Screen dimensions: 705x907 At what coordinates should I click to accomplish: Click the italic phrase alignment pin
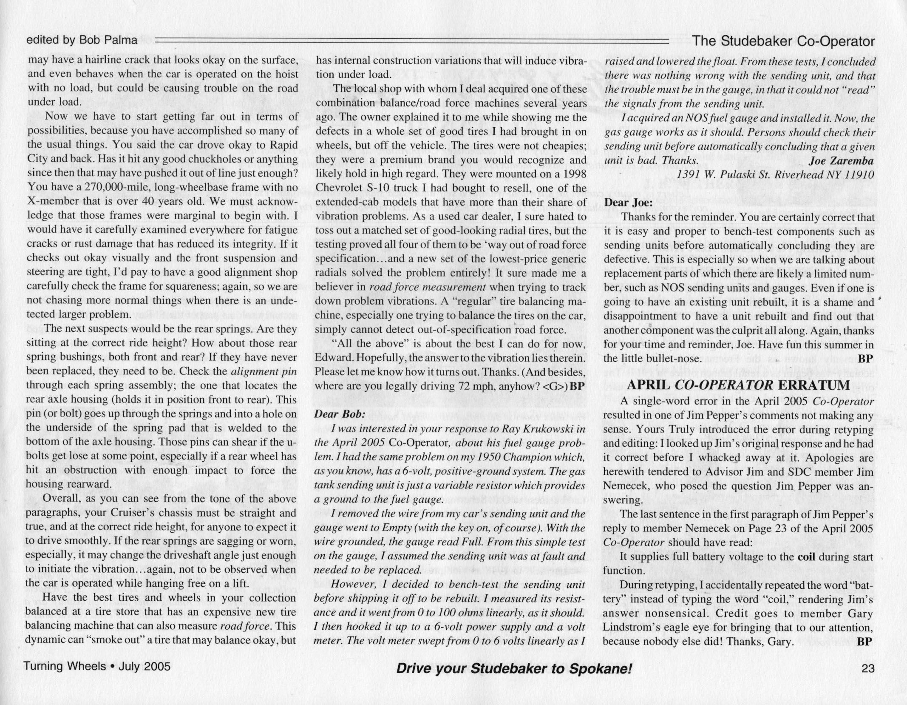coord(264,371)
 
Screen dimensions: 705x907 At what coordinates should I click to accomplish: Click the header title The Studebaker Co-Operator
coord(783,41)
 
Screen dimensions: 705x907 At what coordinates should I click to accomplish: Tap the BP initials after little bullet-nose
coord(865,359)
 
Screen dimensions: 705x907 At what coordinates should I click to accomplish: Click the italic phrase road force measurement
coord(428,287)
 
